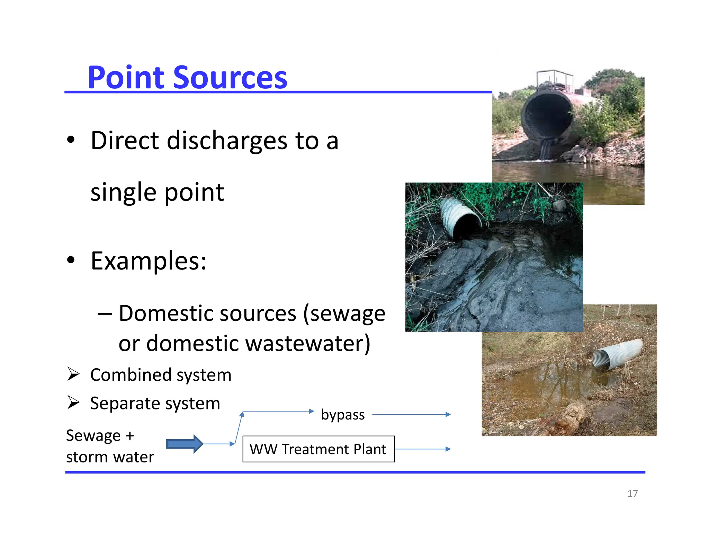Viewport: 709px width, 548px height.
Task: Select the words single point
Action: (157, 192)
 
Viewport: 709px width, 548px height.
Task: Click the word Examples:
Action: (149, 261)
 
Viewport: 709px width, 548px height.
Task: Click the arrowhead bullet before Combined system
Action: (73, 374)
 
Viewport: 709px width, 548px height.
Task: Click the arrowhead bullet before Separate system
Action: (73, 403)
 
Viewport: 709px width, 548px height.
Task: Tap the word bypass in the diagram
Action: (343, 415)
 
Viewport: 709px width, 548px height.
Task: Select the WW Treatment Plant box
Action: (318, 449)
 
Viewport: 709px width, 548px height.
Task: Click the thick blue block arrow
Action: (184, 444)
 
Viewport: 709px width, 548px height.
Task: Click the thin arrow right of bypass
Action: (411, 414)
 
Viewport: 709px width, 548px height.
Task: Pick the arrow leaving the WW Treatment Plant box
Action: (422, 449)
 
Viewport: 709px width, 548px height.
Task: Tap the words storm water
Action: (110, 457)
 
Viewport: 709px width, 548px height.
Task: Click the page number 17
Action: (632, 494)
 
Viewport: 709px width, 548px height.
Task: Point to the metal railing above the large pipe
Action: (554, 78)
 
